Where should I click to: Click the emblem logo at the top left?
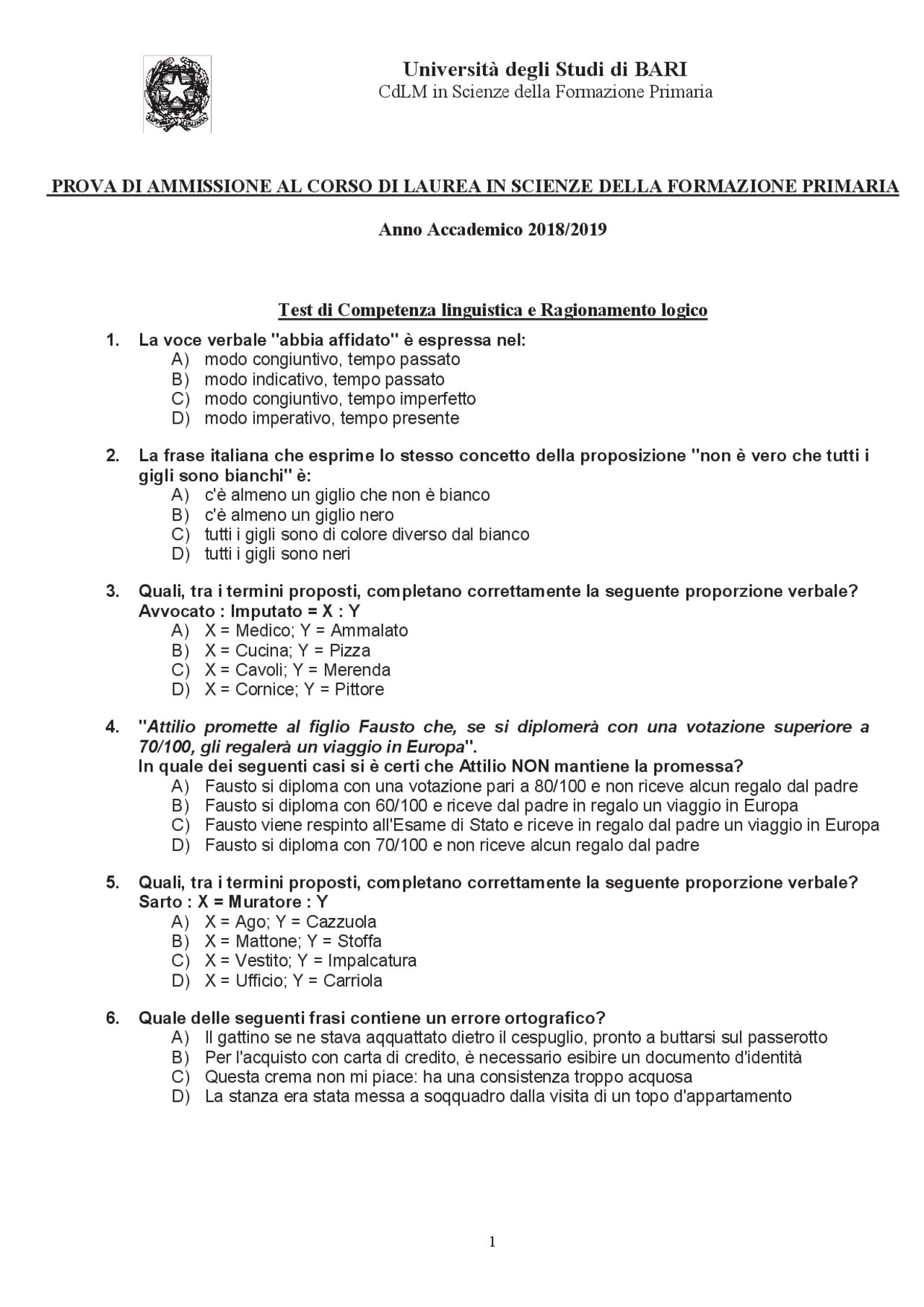coord(177,94)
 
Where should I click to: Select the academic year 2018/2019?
coord(567,230)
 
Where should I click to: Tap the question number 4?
coord(112,726)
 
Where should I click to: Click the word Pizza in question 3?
coord(349,650)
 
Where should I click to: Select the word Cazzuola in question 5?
coord(341,922)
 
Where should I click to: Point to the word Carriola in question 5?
coord(352,981)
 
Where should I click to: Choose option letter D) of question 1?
coord(180,419)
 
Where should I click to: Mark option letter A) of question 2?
coord(180,495)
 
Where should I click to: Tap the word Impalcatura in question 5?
coord(372,961)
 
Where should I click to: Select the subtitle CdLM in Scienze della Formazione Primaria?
coord(546,92)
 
